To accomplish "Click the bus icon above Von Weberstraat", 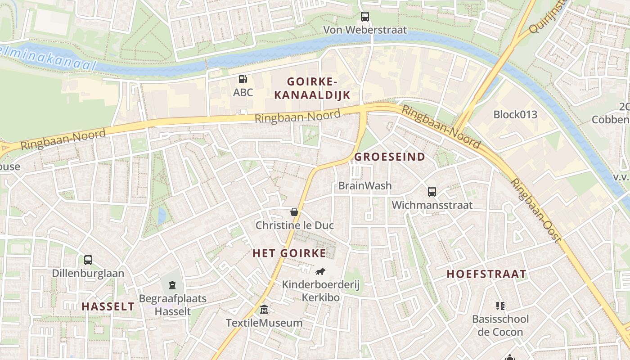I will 365,17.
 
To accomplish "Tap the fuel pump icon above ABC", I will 243,80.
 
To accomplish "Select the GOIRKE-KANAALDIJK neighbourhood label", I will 312,88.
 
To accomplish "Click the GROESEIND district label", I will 390,157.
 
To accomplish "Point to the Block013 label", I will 515,114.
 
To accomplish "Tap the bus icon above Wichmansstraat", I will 432,192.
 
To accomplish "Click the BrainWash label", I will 365,185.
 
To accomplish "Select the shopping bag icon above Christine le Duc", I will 294,212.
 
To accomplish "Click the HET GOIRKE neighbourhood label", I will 289,253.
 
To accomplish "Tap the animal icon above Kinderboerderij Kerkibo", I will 320,271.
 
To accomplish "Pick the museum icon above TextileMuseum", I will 264,310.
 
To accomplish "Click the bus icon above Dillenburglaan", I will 88,260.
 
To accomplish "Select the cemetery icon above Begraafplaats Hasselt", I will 172,285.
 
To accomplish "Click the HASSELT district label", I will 108,306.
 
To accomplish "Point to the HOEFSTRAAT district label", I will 486,274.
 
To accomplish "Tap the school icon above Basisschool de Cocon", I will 500,306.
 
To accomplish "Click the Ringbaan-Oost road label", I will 536,211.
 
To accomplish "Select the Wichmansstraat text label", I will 432,205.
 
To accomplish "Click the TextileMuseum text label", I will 264,323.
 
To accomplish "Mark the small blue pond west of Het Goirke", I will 162,216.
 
